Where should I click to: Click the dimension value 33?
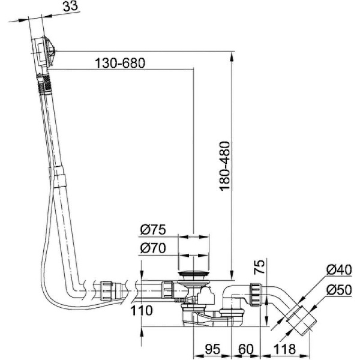click(70, 7)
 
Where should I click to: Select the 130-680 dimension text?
click(120, 63)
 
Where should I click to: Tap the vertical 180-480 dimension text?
click(225, 166)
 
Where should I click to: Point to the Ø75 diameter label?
click(152, 229)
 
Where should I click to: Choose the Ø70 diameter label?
click(152, 248)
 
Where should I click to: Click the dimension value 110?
click(141, 311)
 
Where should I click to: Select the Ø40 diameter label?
click(338, 270)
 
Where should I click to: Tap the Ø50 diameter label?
click(338, 290)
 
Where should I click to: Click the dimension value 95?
click(212, 349)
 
